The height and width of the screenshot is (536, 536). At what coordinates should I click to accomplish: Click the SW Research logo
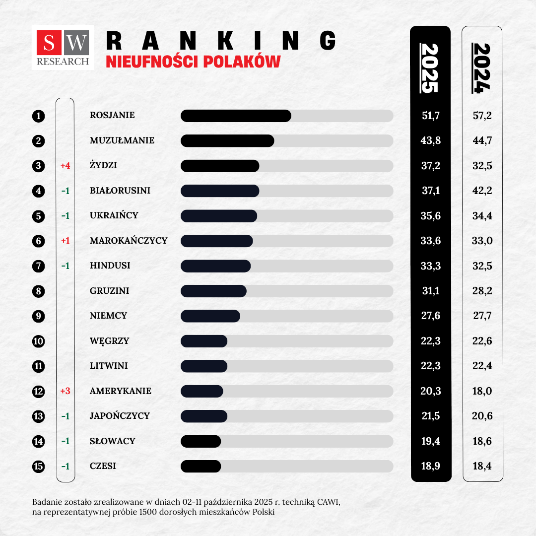63,47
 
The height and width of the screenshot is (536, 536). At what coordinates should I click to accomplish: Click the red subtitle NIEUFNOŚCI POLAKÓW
193,62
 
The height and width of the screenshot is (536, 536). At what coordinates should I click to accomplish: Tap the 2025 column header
430,68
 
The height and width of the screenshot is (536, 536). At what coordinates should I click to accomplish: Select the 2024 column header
481,68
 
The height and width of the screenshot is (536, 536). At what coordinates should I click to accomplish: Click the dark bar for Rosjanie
236,116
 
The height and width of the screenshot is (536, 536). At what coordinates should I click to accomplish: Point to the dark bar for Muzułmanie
227,140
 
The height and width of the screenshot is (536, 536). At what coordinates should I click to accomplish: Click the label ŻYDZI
103,166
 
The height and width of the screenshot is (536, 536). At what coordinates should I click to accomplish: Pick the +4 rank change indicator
65,166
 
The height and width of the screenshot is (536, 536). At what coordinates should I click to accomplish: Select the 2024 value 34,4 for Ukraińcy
482,216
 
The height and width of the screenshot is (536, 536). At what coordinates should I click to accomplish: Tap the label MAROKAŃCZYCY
129,241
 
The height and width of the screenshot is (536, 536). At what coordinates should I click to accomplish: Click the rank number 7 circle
38,266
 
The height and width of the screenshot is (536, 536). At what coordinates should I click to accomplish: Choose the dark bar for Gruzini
213,291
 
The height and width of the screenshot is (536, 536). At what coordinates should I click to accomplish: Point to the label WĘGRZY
109,341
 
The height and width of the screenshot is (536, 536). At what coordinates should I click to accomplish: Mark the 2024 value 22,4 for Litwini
482,366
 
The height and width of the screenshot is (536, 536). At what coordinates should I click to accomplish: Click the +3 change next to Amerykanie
65,391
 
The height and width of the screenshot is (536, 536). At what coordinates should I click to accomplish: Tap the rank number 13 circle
38,416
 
